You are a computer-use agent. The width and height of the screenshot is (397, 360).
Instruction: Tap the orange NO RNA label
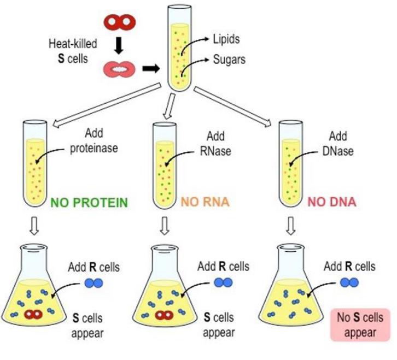pos(206,203)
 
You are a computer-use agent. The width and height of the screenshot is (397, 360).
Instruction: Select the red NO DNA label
pos(331,203)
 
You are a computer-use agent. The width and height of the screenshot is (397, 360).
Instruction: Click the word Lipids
pos(226,39)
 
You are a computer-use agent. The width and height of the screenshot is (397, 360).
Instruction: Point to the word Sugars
pos(228,59)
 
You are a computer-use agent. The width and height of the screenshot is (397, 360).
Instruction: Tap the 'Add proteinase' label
pos(94,141)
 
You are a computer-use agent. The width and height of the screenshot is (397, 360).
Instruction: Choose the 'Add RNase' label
pos(219,144)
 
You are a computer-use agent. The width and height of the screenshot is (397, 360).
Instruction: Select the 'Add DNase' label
pos(341,144)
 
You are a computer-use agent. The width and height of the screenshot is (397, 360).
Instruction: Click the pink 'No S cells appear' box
pos(360,325)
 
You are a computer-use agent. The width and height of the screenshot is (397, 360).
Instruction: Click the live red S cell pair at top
pos(120,21)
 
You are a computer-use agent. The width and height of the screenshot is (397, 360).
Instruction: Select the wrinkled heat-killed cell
pos(119,69)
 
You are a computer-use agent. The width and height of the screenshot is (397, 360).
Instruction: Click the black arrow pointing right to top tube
pos(149,69)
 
